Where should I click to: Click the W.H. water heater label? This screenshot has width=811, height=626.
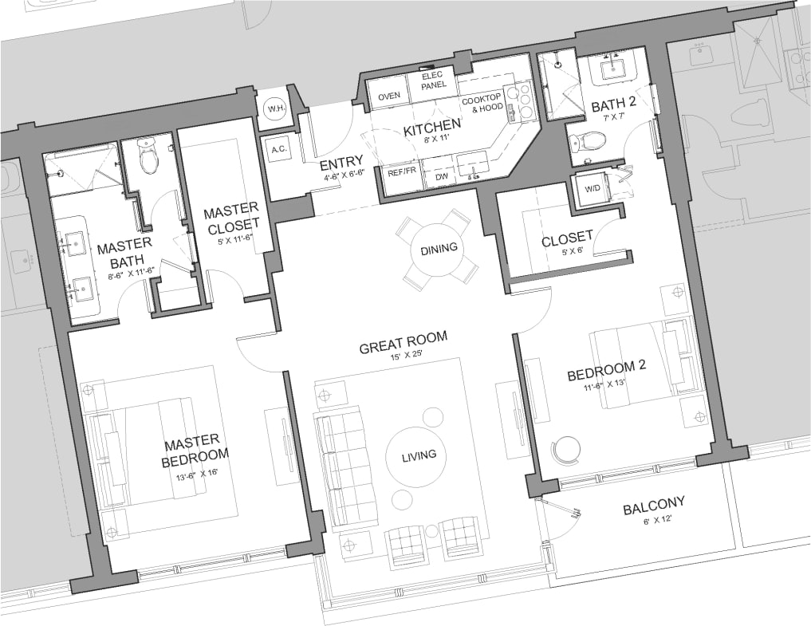pos(276,108)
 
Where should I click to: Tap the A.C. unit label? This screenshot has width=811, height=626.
pos(279,149)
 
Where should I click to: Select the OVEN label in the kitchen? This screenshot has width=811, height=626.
pos(389,96)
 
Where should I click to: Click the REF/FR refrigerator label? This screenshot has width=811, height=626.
pos(402,171)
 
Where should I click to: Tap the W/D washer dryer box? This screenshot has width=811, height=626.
pos(591,189)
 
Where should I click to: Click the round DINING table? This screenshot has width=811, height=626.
pos(439,248)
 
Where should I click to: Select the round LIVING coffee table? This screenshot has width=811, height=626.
pos(419,455)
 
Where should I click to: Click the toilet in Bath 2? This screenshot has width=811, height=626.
pos(591,142)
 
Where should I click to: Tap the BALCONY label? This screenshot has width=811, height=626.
pos(654,503)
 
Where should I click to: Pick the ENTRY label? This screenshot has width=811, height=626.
pos(341,164)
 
